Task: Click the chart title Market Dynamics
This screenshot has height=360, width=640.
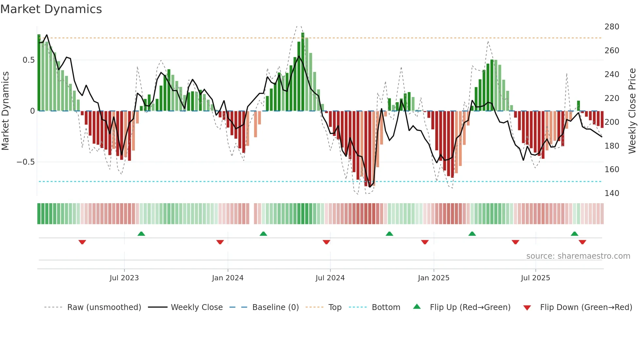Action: click(51, 9)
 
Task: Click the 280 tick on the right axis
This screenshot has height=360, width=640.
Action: click(612, 27)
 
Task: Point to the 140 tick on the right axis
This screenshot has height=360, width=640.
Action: click(612, 193)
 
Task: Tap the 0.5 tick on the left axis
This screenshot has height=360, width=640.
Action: click(28, 60)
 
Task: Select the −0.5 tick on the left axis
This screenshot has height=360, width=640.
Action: click(25, 162)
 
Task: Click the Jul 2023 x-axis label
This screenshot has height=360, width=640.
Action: click(124, 278)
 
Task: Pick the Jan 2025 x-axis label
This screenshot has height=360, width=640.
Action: click(433, 278)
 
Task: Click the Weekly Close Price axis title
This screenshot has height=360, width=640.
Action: click(632, 111)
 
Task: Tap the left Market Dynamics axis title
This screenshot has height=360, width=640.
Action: click(5, 111)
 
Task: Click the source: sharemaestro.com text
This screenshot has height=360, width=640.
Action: click(578, 256)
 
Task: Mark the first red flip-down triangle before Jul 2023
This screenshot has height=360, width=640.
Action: click(82, 242)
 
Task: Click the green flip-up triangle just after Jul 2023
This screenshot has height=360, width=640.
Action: click(141, 234)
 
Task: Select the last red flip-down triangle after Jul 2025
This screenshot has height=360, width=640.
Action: click(582, 242)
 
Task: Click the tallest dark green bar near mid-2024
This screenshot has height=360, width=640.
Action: click(303, 72)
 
